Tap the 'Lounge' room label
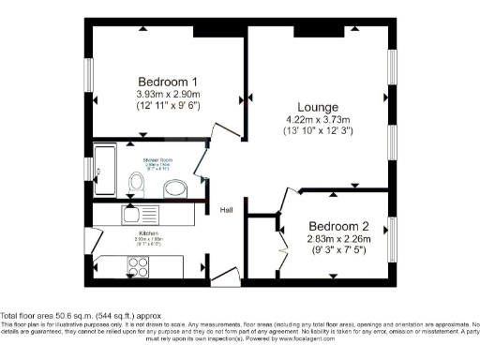(x=311, y=107)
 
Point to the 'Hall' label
(x=227, y=210)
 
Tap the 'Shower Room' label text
(x=157, y=160)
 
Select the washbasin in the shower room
(x=174, y=190)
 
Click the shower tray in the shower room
(x=104, y=172)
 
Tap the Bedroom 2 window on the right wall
(x=392, y=237)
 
